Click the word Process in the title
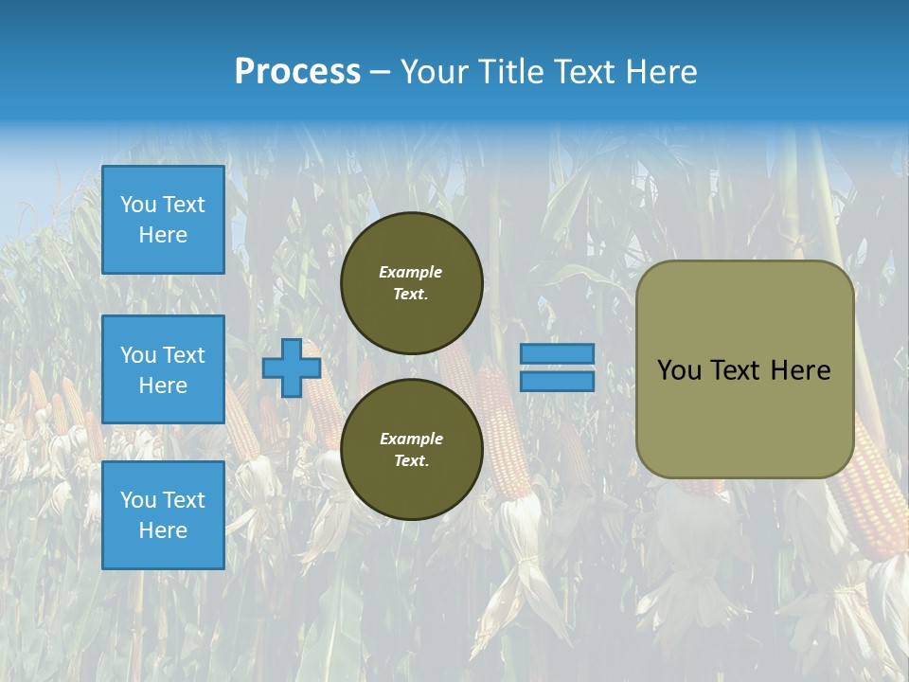[x=297, y=71]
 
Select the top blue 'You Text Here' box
[x=163, y=220]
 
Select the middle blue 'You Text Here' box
[x=163, y=369]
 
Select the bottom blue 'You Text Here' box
[x=163, y=514]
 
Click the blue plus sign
[x=292, y=368]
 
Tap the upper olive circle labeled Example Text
[x=411, y=282]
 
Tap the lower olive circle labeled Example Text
[x=411, y=449]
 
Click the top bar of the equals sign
[x=557, y=353]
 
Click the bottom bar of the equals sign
[x=557, y=381]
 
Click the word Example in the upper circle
[x=411, y=272]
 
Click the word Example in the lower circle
[x=411, y=439]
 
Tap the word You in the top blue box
[x=138, y=205]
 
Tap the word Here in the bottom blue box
[x=163, y=530]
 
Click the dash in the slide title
[x=380, y=72]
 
